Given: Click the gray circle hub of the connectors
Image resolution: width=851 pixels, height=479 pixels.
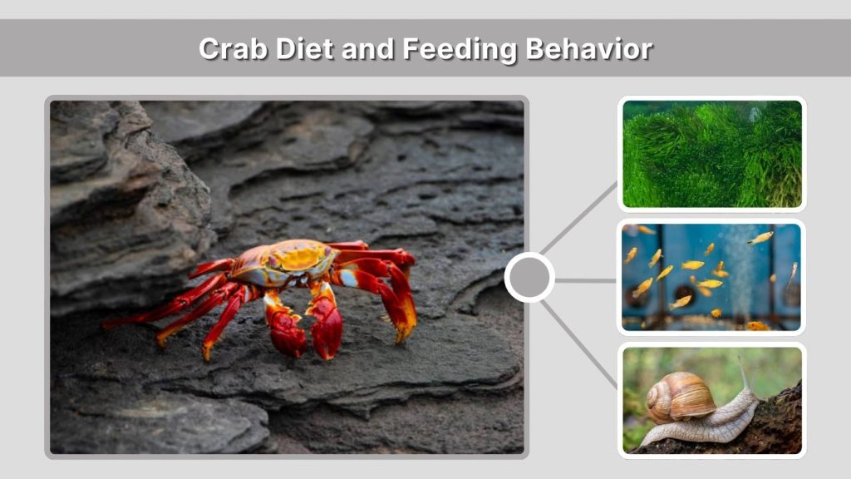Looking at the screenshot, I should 529,278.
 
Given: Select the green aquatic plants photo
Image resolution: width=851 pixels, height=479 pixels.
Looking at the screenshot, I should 712,154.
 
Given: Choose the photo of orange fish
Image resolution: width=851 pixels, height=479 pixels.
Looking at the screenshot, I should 712,277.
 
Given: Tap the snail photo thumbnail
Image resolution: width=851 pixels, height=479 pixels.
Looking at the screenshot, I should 712,400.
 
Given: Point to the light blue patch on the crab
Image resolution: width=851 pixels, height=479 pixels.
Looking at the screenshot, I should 349,278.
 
